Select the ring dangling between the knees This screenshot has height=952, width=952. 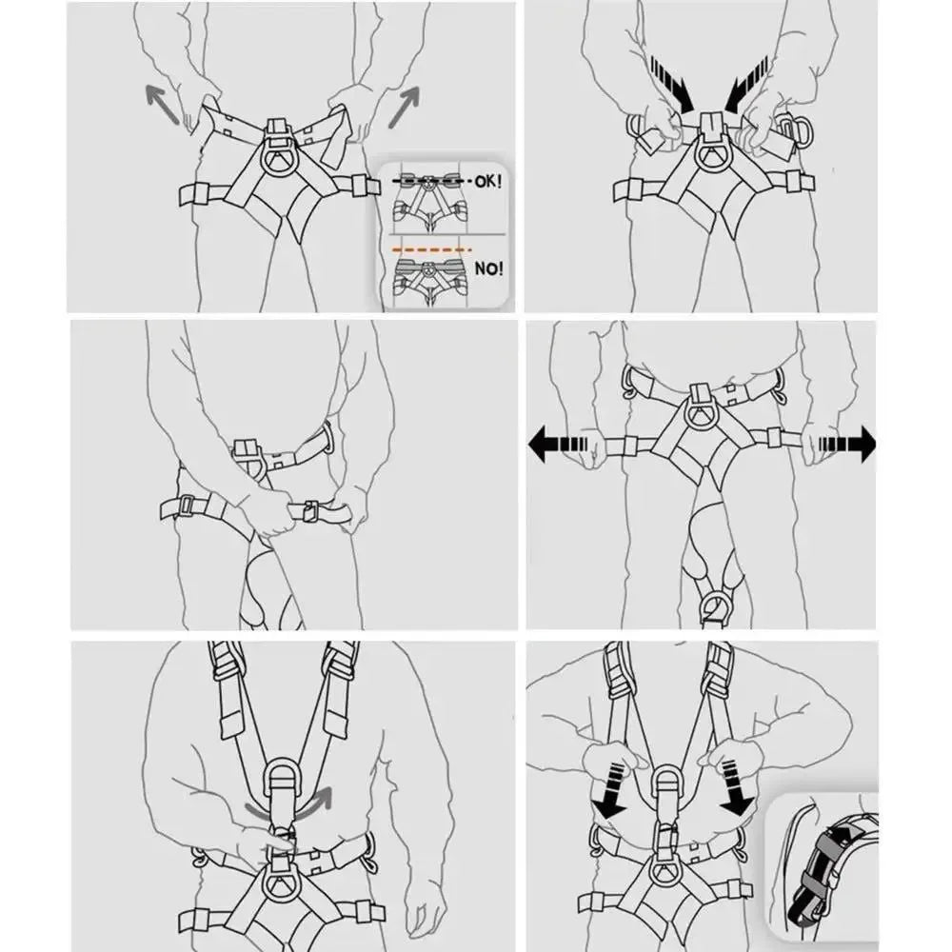click(x=715, y=604)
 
